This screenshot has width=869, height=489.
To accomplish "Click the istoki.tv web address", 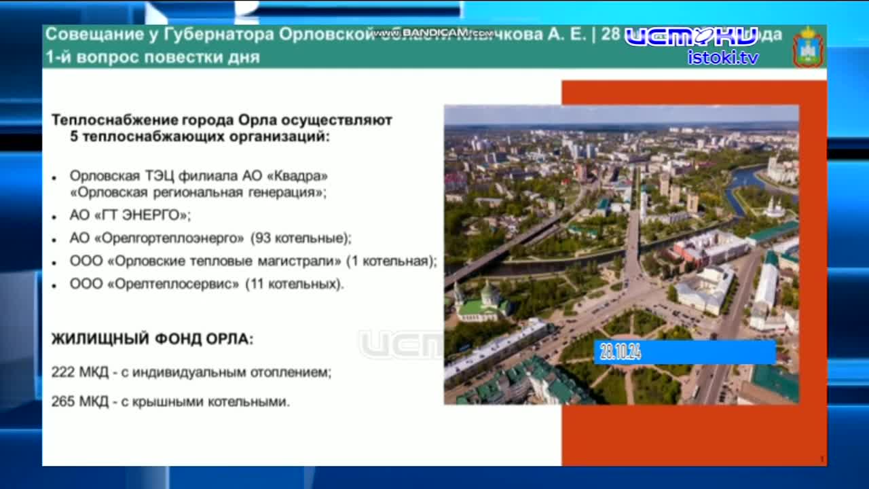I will [723, 58].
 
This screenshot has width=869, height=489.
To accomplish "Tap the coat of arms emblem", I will [808, 47].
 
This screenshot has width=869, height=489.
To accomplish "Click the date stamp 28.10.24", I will [621, 352].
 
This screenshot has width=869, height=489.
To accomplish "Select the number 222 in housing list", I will [62, 372].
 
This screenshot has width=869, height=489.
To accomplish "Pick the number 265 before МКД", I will [62, 402].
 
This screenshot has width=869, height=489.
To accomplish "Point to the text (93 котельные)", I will [301, 238].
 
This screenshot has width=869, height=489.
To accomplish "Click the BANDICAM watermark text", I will [434, 33].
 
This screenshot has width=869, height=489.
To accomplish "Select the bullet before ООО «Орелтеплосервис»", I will [54, 285].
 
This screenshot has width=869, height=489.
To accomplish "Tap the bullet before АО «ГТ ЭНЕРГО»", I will [54, 217].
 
